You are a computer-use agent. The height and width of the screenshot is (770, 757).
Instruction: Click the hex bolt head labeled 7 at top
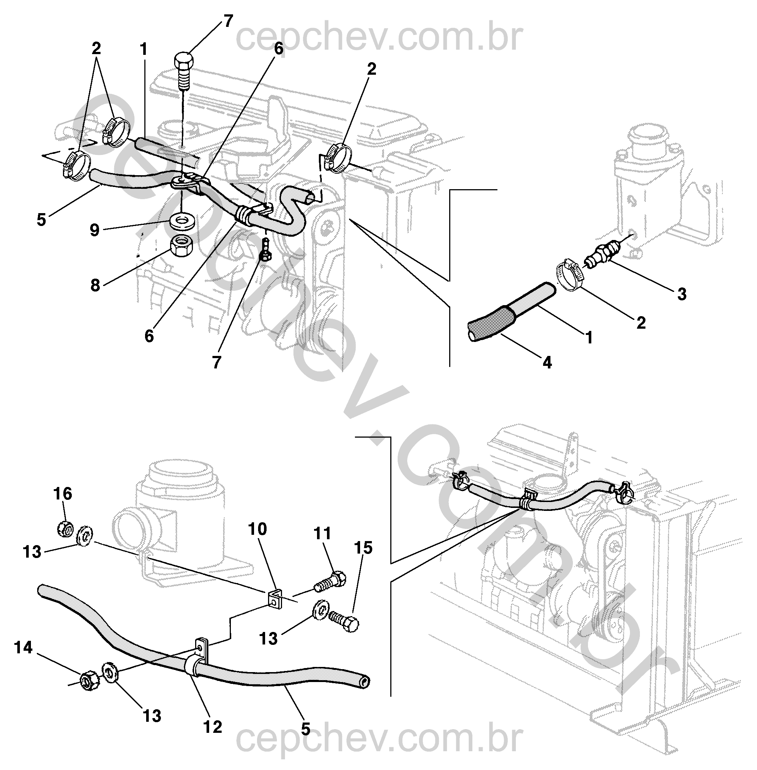click(x=183, y=63)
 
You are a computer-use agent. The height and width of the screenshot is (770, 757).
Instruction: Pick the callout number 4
click(x=547, y=362)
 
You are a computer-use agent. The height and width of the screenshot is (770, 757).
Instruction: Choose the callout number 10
click(x=258, y=529)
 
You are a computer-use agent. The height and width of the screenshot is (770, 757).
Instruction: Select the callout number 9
click(x=94, y=230)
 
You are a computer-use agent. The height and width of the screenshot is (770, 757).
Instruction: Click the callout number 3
click(x=682, y=294)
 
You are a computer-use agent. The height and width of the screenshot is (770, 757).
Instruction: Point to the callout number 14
click(x=23, y=647)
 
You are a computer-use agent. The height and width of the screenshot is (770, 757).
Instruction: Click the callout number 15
click(x=363, y=548)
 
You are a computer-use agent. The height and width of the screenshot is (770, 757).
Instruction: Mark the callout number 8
click(x=95, y=285)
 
